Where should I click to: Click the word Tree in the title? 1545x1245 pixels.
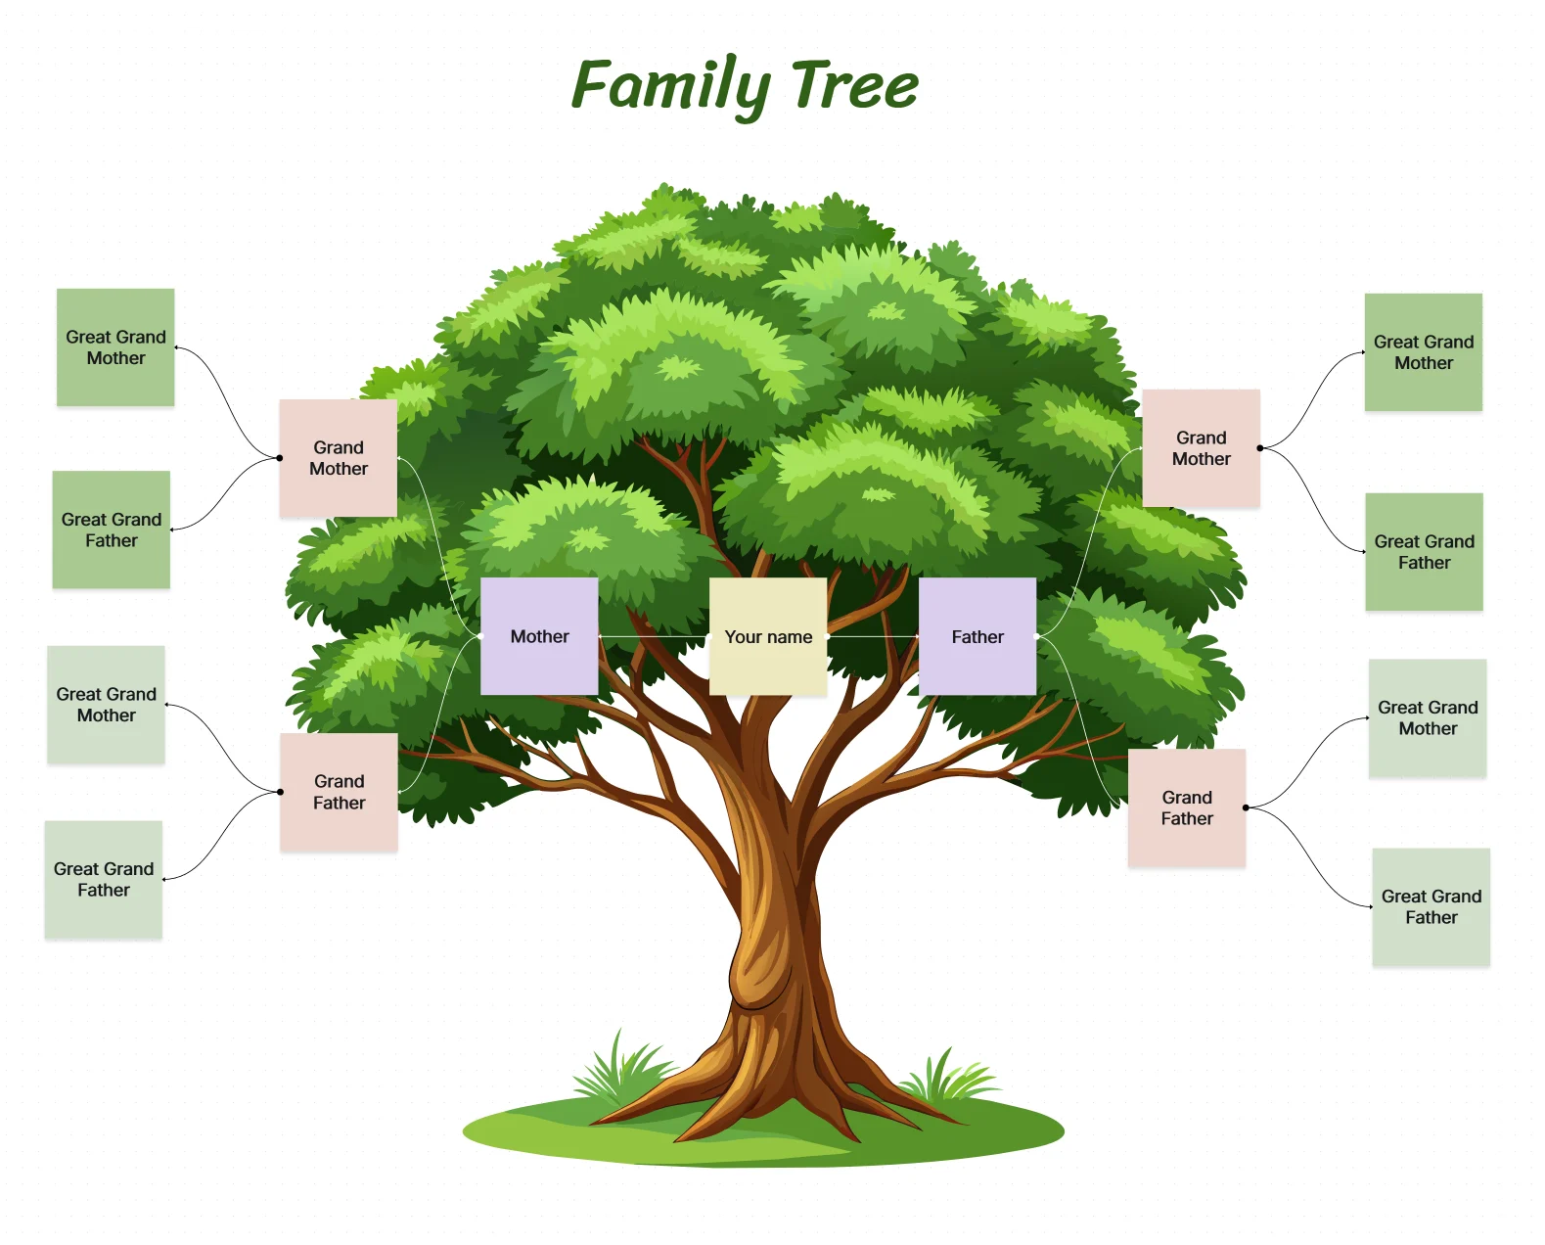click(854, 86)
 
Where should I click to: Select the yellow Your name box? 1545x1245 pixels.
click(768, 637)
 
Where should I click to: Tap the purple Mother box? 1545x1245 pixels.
click(539, 636)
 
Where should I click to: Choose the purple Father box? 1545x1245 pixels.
click(977, 636)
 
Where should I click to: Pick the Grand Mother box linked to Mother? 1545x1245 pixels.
click(339, 458)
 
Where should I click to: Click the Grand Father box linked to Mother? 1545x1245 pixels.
click(339, 792)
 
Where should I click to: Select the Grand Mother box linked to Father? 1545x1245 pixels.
click(1201, 448)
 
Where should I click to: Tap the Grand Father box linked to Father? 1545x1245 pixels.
click(1187, 807)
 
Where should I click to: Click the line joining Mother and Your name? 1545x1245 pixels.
click(654, 637)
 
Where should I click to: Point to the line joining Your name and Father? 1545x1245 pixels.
click(873, 637)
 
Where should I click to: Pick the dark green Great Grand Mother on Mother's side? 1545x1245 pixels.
click(115, 347)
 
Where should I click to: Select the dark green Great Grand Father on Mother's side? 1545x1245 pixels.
click(112, 530)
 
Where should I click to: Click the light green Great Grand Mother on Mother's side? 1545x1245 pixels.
click(106, 705)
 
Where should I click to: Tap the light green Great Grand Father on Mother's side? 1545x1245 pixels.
click(104, 880)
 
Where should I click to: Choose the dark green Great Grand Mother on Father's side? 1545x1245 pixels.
click(1424, 352)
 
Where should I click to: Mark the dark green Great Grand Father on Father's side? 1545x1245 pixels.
click(1424, 552)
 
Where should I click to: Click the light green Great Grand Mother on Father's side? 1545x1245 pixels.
click(1428, 718)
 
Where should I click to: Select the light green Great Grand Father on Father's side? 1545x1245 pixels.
click(1431, 907)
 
